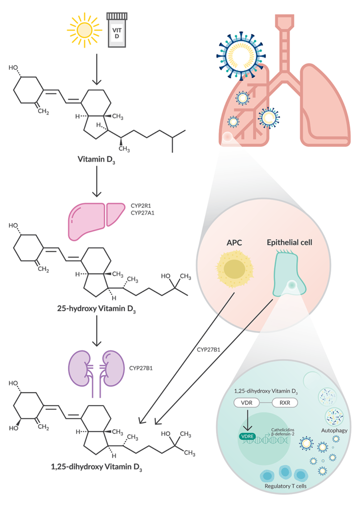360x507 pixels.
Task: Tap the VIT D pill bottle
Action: (117, 30)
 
